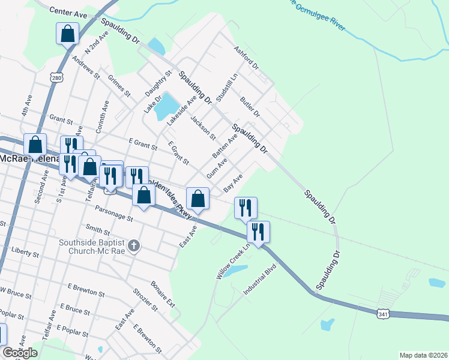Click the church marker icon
[x=134, y=246]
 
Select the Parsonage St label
[x=114, y=213]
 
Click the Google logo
[x=20, y=353]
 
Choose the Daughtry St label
[x=158, y=83]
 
